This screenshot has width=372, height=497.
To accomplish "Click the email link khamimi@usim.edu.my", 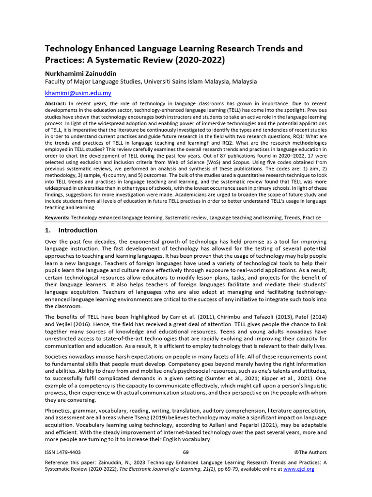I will [78, 93].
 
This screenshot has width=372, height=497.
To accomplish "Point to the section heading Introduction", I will [77, 230].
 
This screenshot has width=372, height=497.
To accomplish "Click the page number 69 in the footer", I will [186, 452].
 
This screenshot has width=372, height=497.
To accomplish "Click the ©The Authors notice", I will [310, 452].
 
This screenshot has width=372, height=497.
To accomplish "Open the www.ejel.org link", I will [299, 469].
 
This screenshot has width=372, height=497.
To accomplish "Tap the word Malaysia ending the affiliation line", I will [244, 82].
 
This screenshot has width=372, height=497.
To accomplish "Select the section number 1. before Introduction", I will [48, 230].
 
